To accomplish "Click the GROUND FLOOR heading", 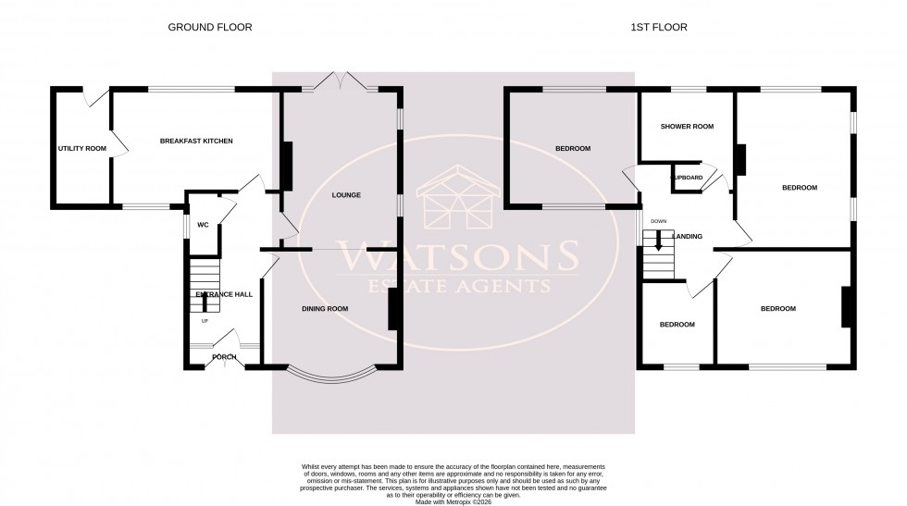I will (209, 28).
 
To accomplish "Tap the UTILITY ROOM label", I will (81, 148).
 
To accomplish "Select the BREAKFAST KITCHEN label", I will (196, 141).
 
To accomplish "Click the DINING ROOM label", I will (325, 308).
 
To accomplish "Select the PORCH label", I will (224, 357).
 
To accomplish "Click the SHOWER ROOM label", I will (686, 127).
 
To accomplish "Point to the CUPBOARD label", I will (687, 177).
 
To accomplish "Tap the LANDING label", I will (687, 237).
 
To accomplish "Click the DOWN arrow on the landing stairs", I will (659, 241).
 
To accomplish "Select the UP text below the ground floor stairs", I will (205, 321).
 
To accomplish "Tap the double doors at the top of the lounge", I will (341, 84).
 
